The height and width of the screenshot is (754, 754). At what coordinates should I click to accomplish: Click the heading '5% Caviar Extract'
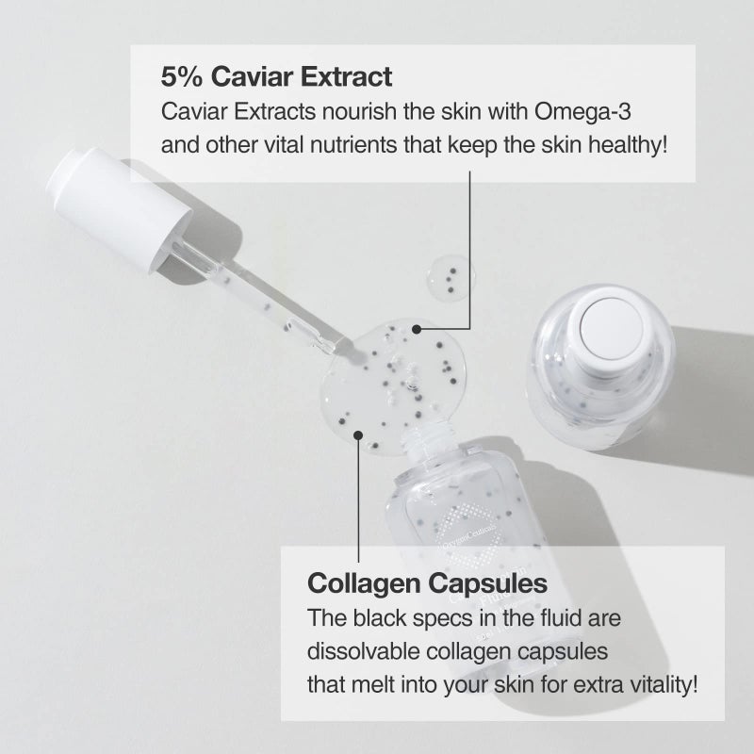[277, 75]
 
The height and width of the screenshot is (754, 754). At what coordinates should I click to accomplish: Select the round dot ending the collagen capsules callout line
[359, 434]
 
